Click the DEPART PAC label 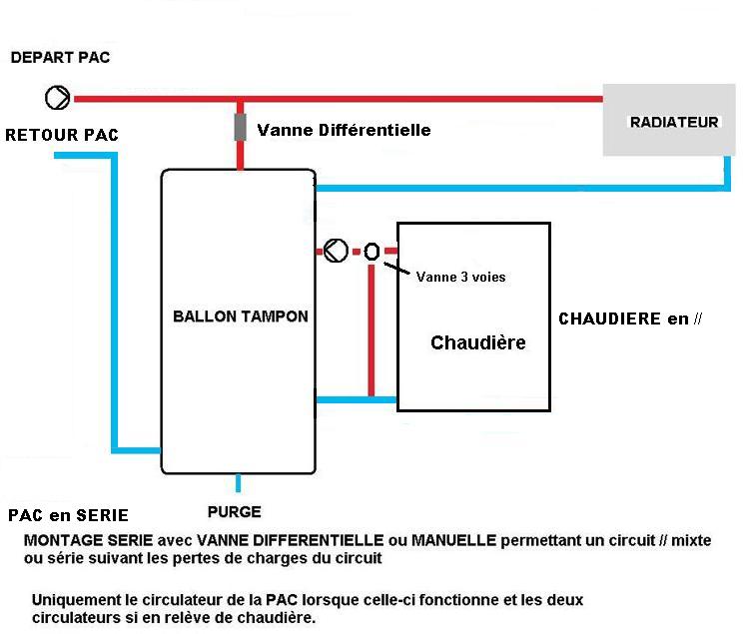coord(60,58)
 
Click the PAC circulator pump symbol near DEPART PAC coord(58,98)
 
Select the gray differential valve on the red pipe coord(241,129)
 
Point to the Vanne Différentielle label coord(344,130)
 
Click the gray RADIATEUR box coord(673,123)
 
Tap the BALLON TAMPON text coord(240,317)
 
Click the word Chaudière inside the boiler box coord(477,342)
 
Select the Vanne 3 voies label coord(460,278)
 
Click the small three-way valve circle coord(372,252)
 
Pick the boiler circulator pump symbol coord(337,251)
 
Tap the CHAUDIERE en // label coord(630,319)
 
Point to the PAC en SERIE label coord(68,515)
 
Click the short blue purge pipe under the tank coord(238,484)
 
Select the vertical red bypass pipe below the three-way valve coord(372,329)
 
